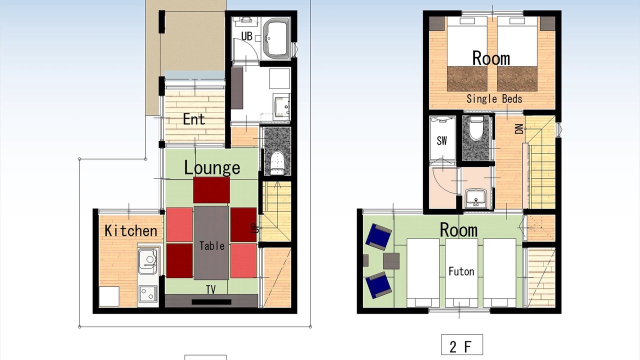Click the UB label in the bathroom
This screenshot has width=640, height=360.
(247, 36)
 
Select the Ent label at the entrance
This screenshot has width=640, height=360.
(194, 119)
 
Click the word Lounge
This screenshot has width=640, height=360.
(212, 168)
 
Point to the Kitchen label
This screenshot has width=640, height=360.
(131, 230)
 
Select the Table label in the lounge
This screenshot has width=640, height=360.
(211, 245)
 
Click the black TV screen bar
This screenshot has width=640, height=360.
(211, 302)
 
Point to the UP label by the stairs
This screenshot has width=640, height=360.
(255, 228)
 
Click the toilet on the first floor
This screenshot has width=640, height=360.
(277, 163)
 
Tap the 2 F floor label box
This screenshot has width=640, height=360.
(462, 345)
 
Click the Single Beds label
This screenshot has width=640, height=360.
(494, 99)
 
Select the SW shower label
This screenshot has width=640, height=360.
(441, 140)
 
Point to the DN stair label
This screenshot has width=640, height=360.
(519, 129)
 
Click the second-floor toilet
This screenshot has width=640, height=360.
(476, 128)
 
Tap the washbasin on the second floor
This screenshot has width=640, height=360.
(475, 197)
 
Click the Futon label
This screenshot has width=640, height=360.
(461, 271)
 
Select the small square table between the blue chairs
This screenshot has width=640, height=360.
(391, 261)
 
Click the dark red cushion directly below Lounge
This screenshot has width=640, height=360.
(211, 190)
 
